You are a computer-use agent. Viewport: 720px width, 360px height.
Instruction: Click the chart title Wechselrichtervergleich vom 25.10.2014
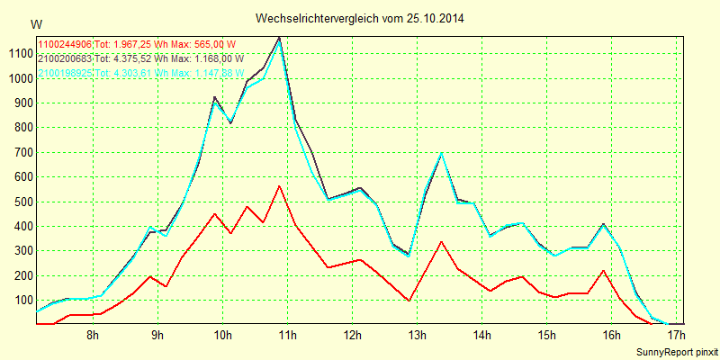(360, 18)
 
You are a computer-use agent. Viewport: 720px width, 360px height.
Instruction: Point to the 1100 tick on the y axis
(17, 53)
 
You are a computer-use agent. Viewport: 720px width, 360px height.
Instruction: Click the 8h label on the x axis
(93, 336)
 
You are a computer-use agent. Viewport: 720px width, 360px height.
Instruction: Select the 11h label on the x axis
(287, 336)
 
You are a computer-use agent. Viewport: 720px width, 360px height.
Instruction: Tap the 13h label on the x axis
(417, 336)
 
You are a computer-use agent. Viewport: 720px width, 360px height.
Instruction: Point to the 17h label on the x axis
(676, 336)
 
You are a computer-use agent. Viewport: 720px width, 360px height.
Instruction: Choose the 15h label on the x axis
(546, 336)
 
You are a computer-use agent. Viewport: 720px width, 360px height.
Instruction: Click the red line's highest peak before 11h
(280, 186)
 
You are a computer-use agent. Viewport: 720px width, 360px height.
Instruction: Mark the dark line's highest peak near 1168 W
(280, 38)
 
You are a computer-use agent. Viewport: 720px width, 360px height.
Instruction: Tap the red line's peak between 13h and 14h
(442, 241)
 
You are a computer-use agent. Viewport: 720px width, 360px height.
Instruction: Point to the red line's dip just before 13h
(409, 301)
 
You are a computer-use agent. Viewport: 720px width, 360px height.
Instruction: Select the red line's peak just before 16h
(604, 270)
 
